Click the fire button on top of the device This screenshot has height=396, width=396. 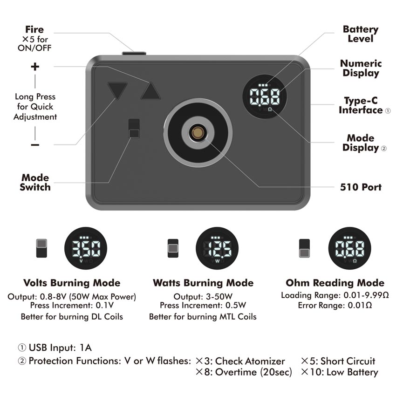[x=134, y=53]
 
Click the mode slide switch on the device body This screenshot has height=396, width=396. [x=134, y=128]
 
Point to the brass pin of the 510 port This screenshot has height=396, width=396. [x=198, y=132]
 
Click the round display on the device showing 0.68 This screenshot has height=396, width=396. [x=265, y=96]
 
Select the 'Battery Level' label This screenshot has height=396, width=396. [x=361, y=34]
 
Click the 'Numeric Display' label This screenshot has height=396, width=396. [x=361, y=68]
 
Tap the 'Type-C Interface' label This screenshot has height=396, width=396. [x=361, y=105]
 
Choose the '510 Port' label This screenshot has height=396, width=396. [x=361, y=187]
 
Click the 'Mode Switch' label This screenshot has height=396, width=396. [x=35, y=182]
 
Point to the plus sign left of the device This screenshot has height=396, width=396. [x=35, y=67]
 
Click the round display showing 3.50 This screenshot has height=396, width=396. [x=86, y=248]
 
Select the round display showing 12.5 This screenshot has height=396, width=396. [x=217, y=248]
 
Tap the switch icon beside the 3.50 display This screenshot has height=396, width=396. [x=41, y=248]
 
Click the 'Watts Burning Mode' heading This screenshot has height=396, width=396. [x=203, y=283]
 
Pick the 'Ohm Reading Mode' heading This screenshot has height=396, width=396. [x=335, y=283]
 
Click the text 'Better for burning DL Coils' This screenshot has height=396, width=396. [x=72, y=317]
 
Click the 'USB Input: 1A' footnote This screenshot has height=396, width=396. [x=55, y=348]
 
